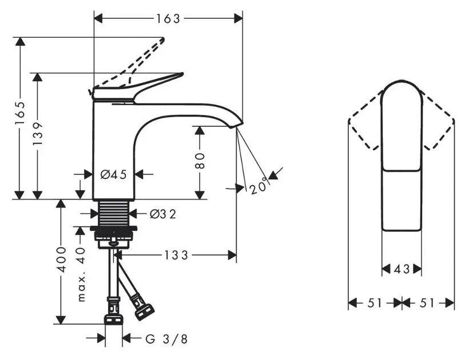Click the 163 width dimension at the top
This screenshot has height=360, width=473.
click(168, 18)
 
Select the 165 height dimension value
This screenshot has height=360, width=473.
click(21, 118)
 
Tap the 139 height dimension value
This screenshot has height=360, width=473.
click(38, 135)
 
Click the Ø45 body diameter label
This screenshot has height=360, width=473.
click(113, 174)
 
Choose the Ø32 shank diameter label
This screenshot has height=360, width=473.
click(162, 214)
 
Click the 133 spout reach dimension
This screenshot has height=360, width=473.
click(177, 255)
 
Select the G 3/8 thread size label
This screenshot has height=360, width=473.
click(166, 339)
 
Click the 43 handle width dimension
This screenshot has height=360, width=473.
click(402, 269)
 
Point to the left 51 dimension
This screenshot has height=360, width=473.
click(374, 303)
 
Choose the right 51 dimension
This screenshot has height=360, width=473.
click(428, 303)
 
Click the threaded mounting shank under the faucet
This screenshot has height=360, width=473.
click(114, 213)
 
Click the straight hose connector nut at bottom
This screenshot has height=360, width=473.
click(114, 318)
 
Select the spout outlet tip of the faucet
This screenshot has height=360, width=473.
click(238, 123)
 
